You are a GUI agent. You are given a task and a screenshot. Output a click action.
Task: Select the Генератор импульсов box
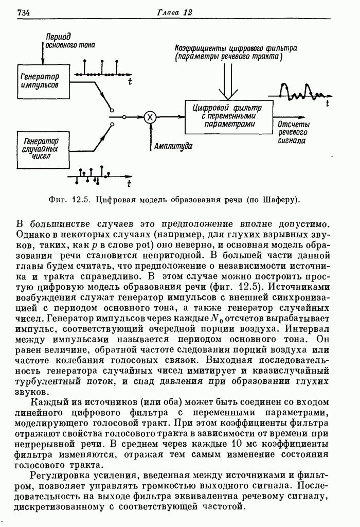tap(40, 80)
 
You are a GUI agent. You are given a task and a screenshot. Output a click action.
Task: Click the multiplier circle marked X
tap(150, 117)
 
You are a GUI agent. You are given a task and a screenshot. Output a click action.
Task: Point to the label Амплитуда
tap(173, 146)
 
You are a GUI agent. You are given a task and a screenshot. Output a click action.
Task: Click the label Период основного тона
tap(65, 41)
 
